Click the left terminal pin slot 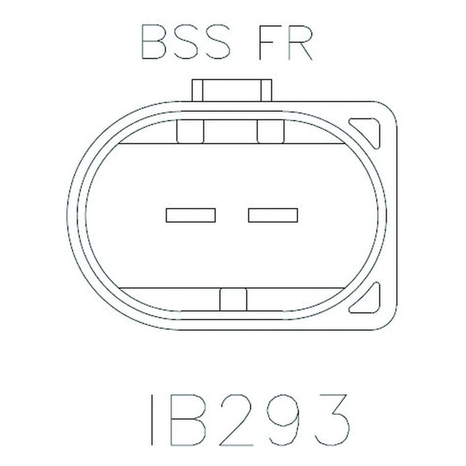191,215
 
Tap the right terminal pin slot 273,215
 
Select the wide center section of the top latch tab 232,90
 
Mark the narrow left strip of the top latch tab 197,90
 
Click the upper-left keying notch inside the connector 190,132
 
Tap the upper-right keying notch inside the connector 271,132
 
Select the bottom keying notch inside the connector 234,299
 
